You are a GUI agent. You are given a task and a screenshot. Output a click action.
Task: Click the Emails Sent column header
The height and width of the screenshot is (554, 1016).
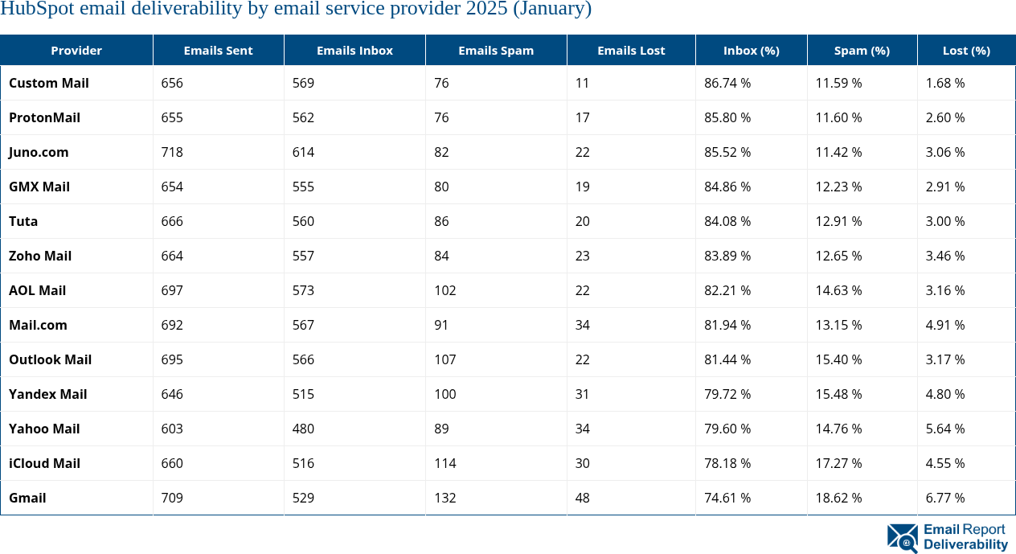coord(218,50)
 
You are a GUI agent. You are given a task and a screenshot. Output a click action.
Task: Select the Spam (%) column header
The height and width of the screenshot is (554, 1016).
coord(862,50)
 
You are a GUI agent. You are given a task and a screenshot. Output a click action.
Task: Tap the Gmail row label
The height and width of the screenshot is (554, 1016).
coord(27,498)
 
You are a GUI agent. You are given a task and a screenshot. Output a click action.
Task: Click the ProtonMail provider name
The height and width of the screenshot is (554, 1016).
coord(44,117)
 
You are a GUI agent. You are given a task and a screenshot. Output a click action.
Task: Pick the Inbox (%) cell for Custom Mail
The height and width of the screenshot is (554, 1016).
coord(727,83)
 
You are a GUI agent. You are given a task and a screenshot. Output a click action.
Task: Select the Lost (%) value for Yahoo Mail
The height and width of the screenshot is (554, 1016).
coord(945,429)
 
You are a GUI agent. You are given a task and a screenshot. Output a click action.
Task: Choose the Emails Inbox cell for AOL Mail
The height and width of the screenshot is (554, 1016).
coord(304,290)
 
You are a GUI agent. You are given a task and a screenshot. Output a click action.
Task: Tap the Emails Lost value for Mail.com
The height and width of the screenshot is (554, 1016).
coord(583,325)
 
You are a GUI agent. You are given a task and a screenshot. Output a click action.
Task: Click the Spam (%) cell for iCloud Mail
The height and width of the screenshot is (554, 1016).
coord(838,463)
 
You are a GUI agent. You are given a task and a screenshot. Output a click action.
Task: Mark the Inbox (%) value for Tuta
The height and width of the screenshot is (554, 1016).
coord(727,221)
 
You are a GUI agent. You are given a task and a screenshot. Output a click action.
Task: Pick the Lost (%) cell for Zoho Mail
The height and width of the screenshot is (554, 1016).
coord(945,256)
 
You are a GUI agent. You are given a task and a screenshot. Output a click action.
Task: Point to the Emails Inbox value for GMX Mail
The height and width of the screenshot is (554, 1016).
coord(304,187)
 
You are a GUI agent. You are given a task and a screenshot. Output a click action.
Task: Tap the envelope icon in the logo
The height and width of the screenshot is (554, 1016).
coord(903,538)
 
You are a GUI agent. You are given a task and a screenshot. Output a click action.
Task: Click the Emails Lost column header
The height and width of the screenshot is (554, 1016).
coord(631,50)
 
